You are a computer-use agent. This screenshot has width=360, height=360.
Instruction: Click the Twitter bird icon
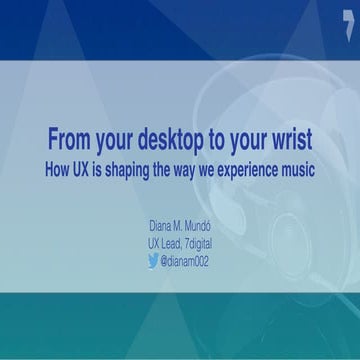pyautogui.click(x=153, y=261)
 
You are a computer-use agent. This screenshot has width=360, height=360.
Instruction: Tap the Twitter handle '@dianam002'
pyautogui.click(x=185, y=261)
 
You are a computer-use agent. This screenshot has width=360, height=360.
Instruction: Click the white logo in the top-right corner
pyautogui.click(x=347, y=21)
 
